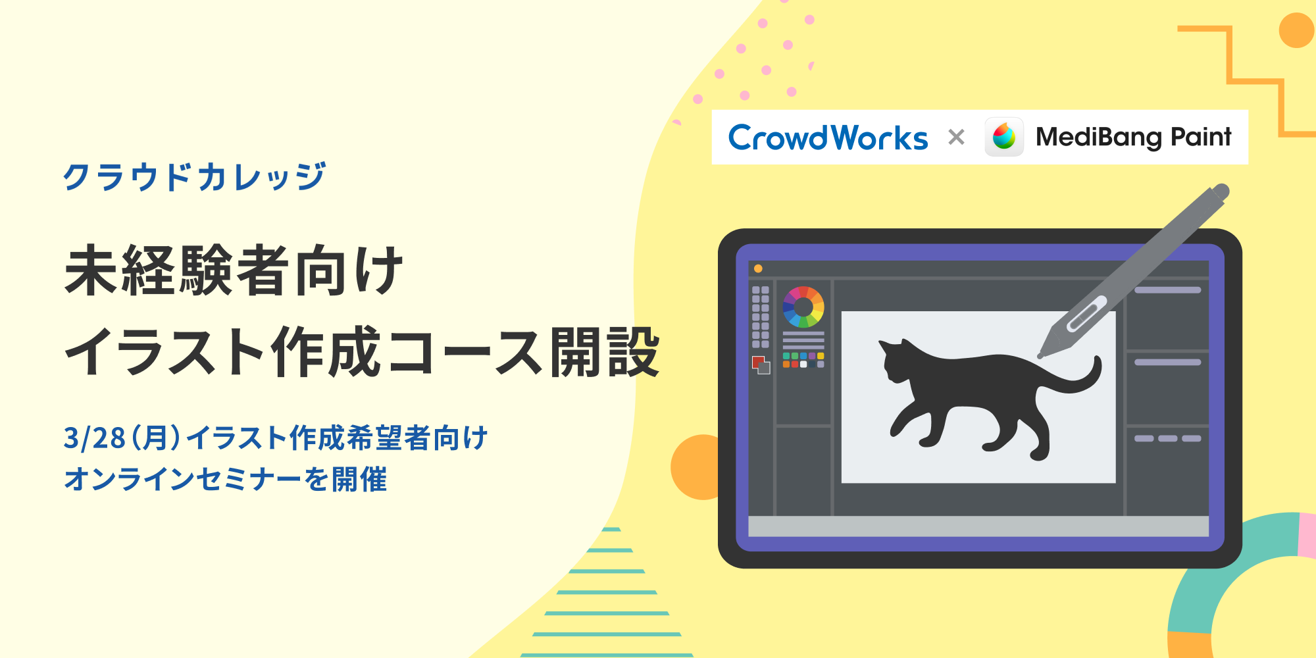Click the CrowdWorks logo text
tap(828, 138)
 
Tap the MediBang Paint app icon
tap(1003, 137)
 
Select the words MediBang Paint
tap(1133, 137)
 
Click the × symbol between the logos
tap(956, 137)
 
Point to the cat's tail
tap(1079, 382)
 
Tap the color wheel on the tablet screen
tap(803, 307)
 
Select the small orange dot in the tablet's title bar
tap(758, 268)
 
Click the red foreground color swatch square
tap(757, 361)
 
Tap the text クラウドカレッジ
tap(195, 176)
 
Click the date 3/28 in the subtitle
tap(94, 438)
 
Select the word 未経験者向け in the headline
tap(234, 270)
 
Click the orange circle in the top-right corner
tap(1296, 30)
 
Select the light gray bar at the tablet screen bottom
tap(978, 526)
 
